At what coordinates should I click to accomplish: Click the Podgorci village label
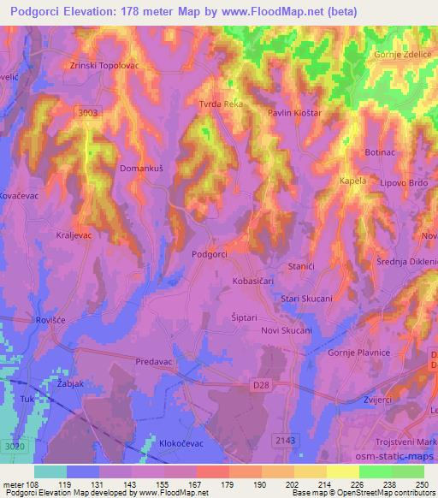(x=209, y=254)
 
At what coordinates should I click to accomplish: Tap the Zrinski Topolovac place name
(x=104, y=65)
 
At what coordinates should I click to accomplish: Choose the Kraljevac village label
(x=74, y=234)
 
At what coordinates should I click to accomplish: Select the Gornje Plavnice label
(x=358, y=353)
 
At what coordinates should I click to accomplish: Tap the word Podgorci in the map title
(x=38, y=10)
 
